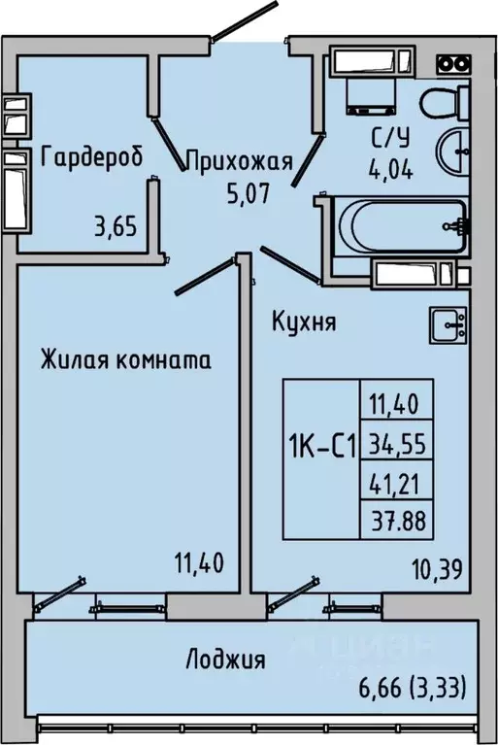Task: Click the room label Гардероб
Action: [x=93, y=157]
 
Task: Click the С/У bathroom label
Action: [x=387, y=137]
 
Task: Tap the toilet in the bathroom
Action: [x=447, y=99]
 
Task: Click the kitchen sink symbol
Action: [x=448, y=322]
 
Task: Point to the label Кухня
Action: [x=305, y=322]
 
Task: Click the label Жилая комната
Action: [x=126, y=360]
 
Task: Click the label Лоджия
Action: [x=225, y=661]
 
